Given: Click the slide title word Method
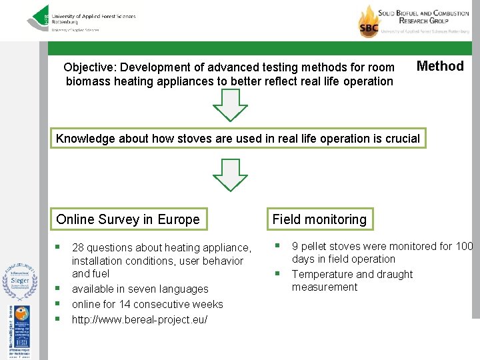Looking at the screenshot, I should pos(439,66).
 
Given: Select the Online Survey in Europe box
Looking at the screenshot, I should pos(128,219).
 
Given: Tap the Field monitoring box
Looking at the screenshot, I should pos(319,219).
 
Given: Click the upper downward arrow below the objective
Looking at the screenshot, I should pos(229,105).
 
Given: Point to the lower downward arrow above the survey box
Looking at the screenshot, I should pos(229,175).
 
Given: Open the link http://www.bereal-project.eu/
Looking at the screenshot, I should pos(139,319).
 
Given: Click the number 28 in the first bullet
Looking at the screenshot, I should pos(79,247).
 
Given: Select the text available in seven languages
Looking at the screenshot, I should pos(140,289).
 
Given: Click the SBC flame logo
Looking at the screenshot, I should pos(369,21).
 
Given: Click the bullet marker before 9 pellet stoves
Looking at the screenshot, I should pos(277,246).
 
